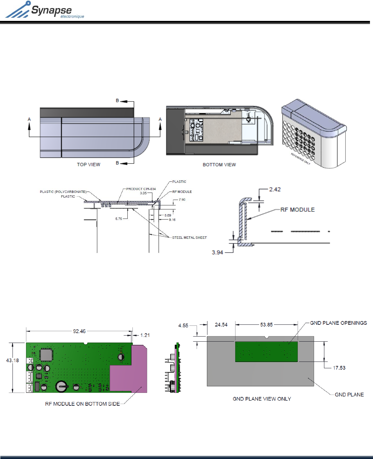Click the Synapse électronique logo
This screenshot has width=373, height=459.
pyautogui.click(x=45, y=10)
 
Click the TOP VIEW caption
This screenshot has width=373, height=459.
pyautogui.click(x=89, y=165)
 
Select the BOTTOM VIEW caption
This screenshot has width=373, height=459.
pyautogui.click(x=219, y=165)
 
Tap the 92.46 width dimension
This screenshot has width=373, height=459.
pyautogui.click(x=79, y=331)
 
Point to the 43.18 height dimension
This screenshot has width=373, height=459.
pyautogui.click(x=12, y=360)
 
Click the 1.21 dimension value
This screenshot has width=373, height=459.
pyautogui.click(x=145, y=335)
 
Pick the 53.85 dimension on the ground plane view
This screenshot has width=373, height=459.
pyautogui.click(x=266, y=325)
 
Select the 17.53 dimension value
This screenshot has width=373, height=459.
pyautogui.click(x=339, y=368)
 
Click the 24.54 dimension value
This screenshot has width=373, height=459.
pyautogui.click(x=221, y=325)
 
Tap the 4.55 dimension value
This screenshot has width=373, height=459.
pyautogui.click(x=183, y=325)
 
